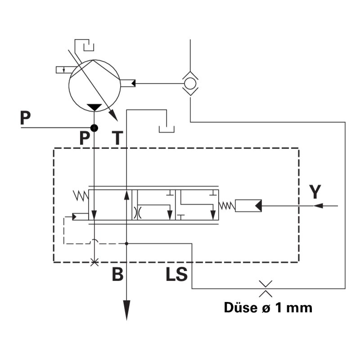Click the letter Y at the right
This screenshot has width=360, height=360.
316,192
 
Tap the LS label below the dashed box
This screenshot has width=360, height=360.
176,274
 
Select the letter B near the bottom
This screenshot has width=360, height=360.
117,274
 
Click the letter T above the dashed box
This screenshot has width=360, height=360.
117,138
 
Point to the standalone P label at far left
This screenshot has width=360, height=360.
25,118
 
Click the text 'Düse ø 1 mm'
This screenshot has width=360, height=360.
268,308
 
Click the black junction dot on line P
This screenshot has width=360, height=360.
94,128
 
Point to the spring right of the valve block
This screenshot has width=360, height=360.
227,206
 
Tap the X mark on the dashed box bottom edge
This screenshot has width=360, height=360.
94,262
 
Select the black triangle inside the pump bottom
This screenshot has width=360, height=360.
94,107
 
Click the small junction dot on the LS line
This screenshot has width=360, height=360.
127,243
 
